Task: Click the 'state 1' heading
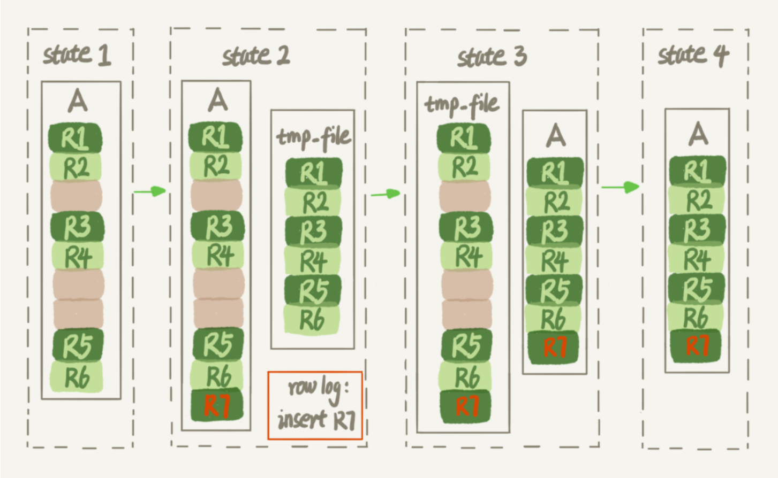click(x=77, y=55)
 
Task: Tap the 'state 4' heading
click(x=693, y=56)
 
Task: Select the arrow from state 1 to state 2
click(x=150, y=191)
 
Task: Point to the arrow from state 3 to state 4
click(x=621, y=187)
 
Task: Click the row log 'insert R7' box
click(x=315, y=405)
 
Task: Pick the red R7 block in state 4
click(x=697, y=346)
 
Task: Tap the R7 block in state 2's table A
click(x=217, y=405)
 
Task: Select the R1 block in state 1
click(x=75, y=138)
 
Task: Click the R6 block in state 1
click(x=77, y=377)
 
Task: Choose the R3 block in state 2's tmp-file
click(x=314, y=232)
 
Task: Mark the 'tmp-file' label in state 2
click(x=314, y=138)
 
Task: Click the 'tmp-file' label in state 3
click(x=462, y=105)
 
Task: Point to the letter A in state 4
click(x=698, y=134)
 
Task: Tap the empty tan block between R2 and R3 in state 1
click(x=77, y=196)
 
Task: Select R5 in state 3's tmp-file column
click(x=467, y=345)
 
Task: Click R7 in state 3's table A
click(x=555, y=348)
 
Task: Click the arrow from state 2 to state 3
click(x=386, y=194)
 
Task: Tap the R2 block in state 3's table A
click(x=555, y=202)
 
